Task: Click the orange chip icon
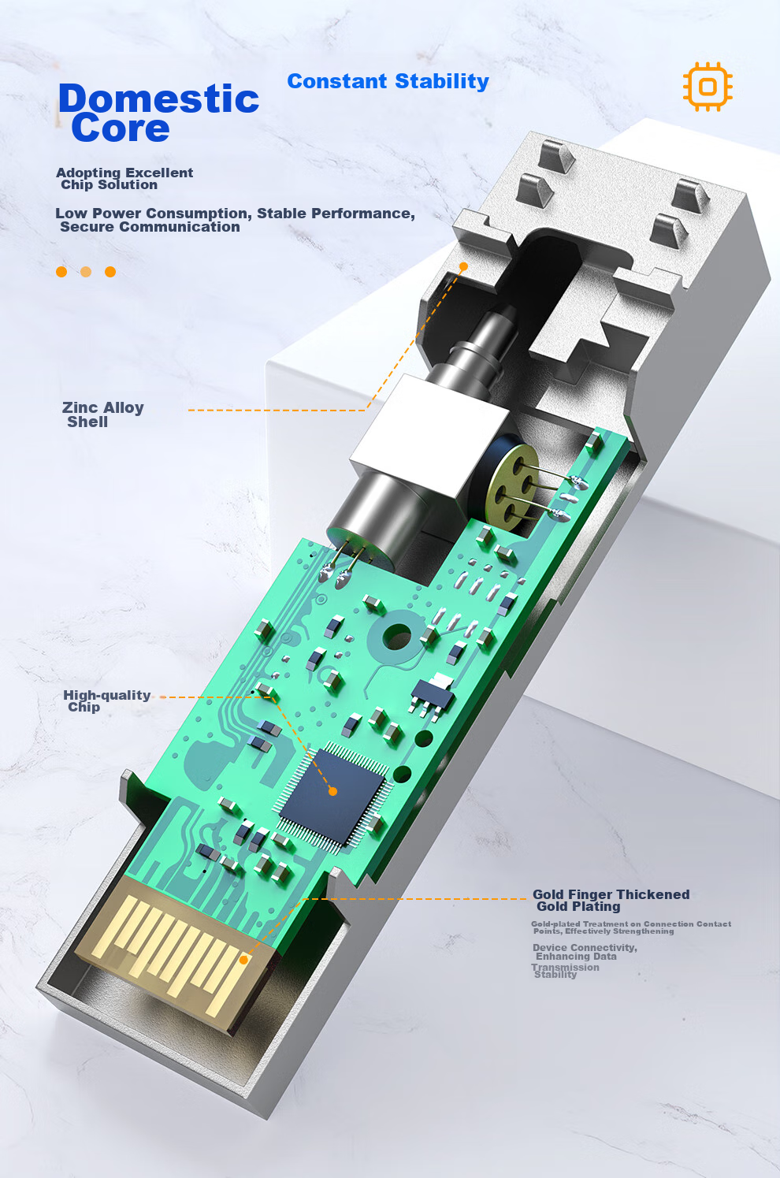point(708,87)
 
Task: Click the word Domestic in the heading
point(158,98)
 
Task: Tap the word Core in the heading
point(121,128)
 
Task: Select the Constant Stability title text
point(388,81)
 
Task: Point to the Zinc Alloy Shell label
point(103,414)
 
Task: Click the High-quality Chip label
point(107,700)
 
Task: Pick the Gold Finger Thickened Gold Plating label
point(611,901)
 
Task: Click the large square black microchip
point(332,791)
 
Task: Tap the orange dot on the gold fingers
point(243,960)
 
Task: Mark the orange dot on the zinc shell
point(463,266)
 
